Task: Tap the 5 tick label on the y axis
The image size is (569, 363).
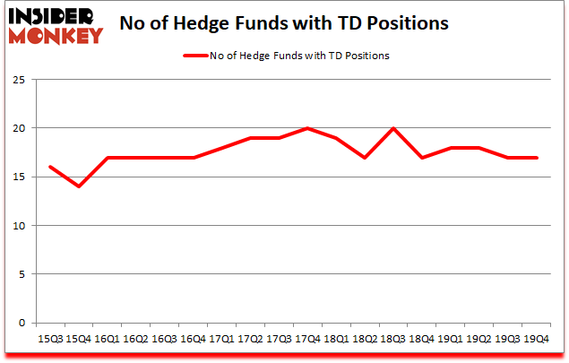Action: pyautogui.click(x=20, y=274)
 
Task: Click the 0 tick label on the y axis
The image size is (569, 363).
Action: pyautogui.click(x=20, y=324)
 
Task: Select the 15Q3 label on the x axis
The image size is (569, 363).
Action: pyautogui.click(x=50, y=339)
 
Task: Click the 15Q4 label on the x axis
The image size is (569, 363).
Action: pyautogui.click(x=79, y=339)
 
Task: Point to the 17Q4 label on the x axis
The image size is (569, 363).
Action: pyautogui.click(x=307, y=339)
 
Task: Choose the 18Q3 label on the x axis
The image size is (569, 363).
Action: pyautogui.click(x=393, y=339)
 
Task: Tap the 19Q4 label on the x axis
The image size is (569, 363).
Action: pyautogui.click(x=536, y=339)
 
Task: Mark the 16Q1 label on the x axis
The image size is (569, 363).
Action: pyautogui.click(x=108, y=339)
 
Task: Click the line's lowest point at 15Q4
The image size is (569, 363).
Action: pyautogui.click(x=79, y=186)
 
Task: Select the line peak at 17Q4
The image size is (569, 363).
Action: pyautogui.click(x=307, y=128)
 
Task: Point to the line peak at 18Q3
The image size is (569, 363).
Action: pyautogui.click(x=393, y=128)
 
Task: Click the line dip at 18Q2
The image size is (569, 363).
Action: pyautogui.click(x=365, y=158)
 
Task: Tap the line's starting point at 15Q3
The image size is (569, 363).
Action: pyautogui.click(x=50, y=167)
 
